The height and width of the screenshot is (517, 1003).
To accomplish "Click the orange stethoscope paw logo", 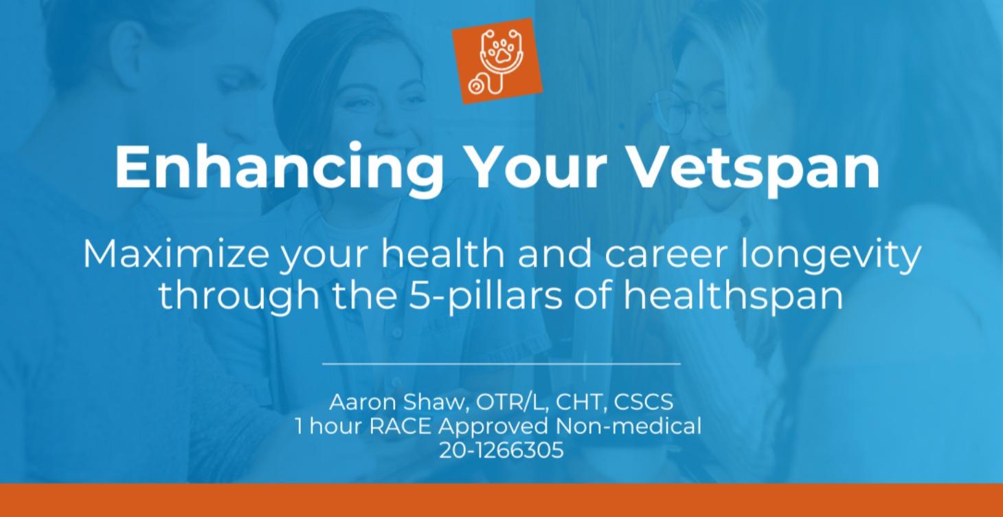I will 498,62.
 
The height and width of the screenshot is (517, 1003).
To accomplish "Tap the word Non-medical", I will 629,426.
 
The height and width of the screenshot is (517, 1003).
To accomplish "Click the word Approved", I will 494,426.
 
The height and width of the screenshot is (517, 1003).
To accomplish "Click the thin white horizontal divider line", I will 501,363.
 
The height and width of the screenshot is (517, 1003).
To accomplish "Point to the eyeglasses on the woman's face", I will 694,110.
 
